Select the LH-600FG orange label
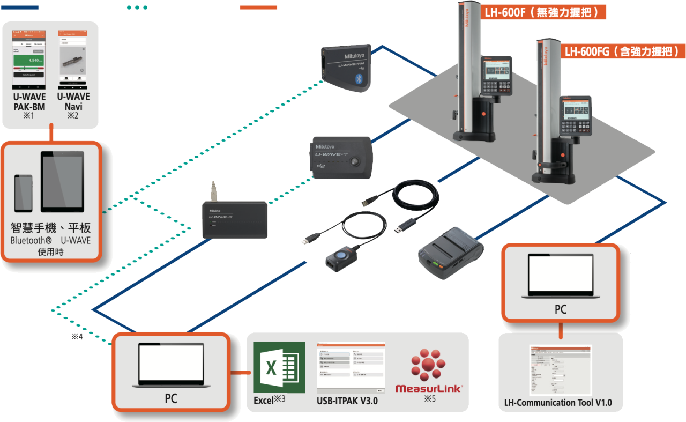pos(623,51)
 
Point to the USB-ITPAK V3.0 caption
pos(348,401)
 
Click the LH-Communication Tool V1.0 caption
pos(558,403)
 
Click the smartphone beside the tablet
pos(23,193)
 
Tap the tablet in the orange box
pos(62,182)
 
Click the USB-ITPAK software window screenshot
pos(351,368)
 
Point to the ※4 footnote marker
pos(77,337)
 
